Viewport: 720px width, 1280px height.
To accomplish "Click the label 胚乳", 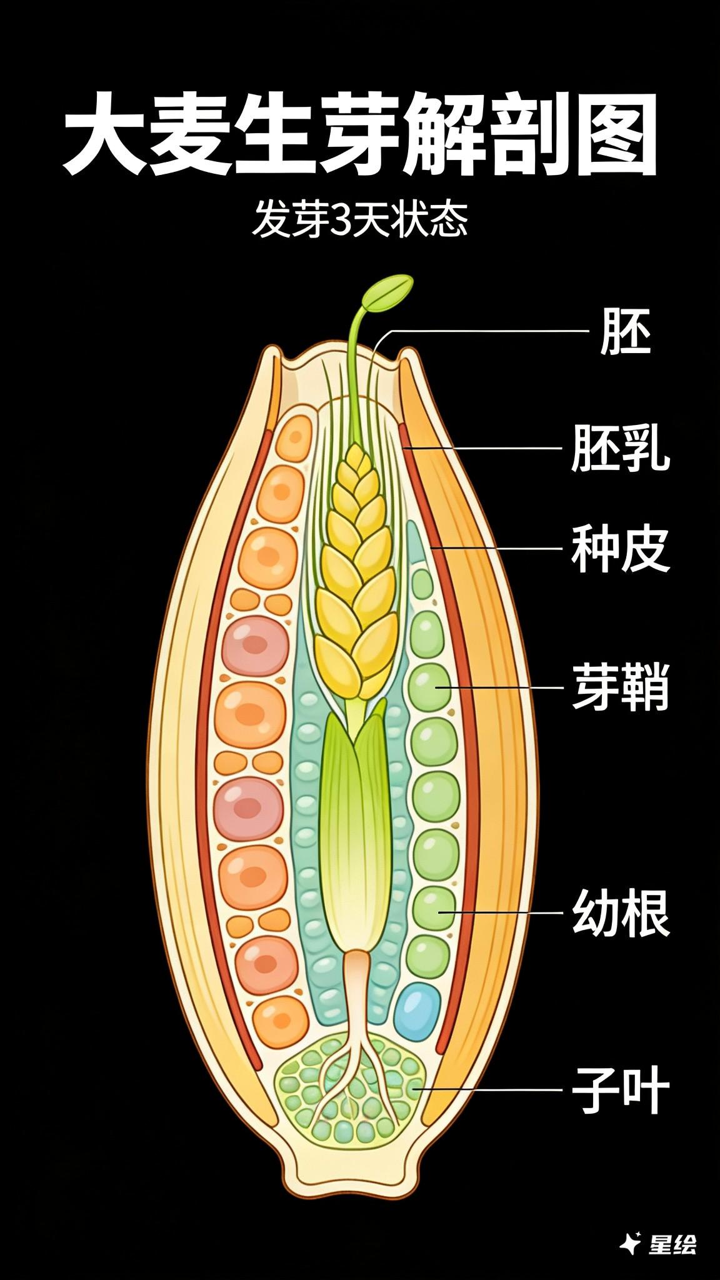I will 620,448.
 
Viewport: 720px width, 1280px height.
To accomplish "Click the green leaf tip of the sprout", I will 389,292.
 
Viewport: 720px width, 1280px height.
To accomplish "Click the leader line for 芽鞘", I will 500,686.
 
